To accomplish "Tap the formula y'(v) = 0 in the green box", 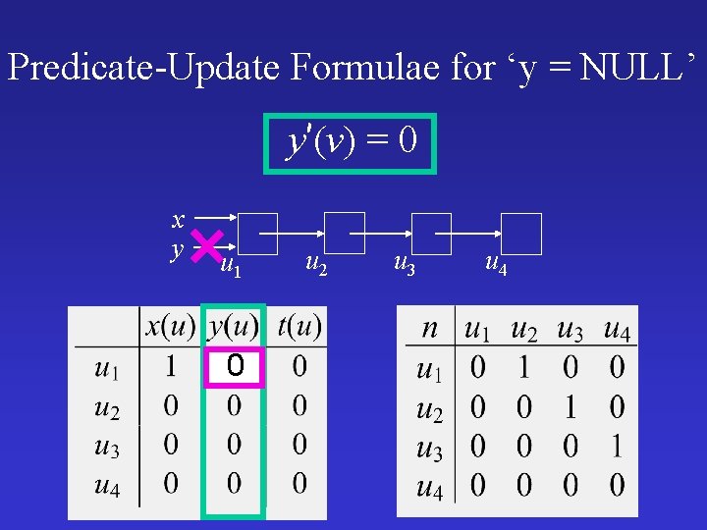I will coord(350,143).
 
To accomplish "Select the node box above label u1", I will coord(258,234).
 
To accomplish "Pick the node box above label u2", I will coord(345,234).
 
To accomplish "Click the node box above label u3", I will coord(431,234).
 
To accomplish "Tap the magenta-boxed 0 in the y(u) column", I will coord(235,367).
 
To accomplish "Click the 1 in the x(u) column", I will coord(170,367).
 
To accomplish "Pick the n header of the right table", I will coord(430,329).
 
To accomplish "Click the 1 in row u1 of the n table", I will coord(523,368).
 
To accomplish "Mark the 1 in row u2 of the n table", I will coord(570,406).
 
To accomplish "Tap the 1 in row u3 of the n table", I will coord(616,446).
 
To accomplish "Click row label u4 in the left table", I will coord(107,483).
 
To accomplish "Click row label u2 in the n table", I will coord(429,408).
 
